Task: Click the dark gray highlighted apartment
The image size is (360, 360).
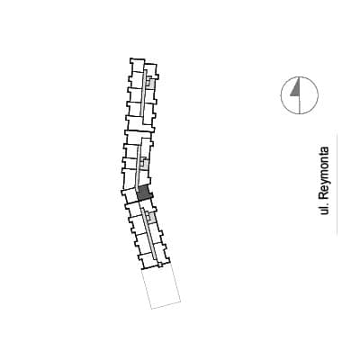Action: point(144,193)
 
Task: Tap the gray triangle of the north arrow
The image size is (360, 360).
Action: point(296,89)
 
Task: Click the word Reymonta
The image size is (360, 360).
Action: point(324,174)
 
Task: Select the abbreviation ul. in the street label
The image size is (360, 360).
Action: point(324,209)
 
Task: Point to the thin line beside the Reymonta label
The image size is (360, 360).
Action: point(337,184)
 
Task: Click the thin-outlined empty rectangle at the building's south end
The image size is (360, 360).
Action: point(161,287)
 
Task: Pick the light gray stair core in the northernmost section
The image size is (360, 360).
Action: point(150,83)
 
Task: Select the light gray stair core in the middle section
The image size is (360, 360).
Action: point(145,164)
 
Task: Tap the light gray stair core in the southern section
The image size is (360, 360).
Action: point(151,218)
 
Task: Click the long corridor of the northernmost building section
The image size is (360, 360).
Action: point(143,94)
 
